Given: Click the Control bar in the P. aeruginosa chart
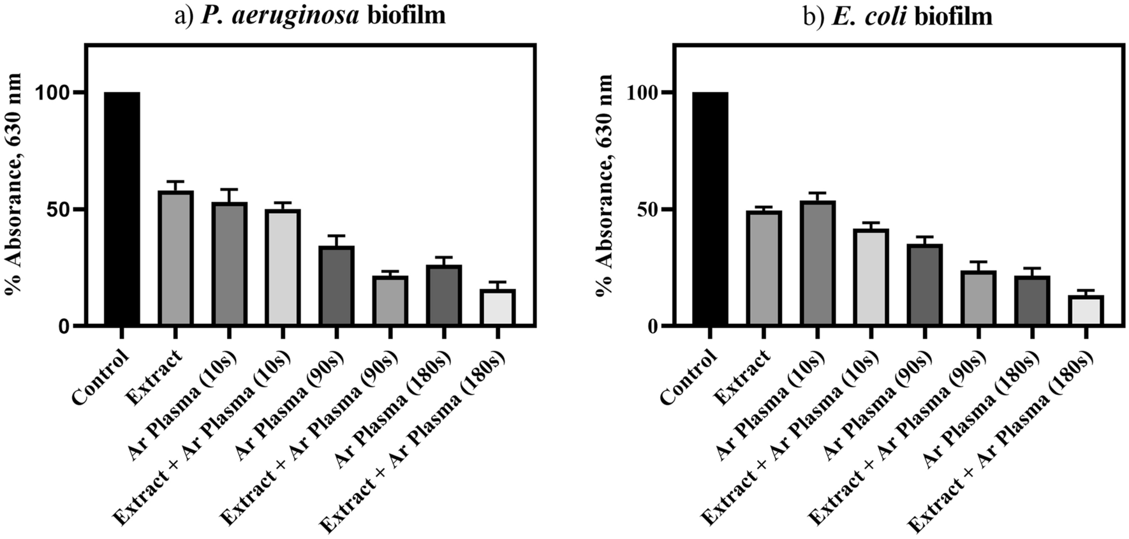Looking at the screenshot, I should click(x=122, y=209).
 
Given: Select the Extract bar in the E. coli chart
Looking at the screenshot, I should click(x=764, y=269).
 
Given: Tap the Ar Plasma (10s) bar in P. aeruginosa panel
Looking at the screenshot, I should click(x=230, y=264).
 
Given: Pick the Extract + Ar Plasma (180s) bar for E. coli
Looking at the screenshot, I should click(x=1085, y=311).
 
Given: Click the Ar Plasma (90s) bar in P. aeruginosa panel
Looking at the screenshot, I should click(x=337, y=286).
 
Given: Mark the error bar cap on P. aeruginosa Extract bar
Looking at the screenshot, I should click(x=176, y=182).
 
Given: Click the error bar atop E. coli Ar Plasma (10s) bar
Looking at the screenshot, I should click(x=818, y=193).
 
